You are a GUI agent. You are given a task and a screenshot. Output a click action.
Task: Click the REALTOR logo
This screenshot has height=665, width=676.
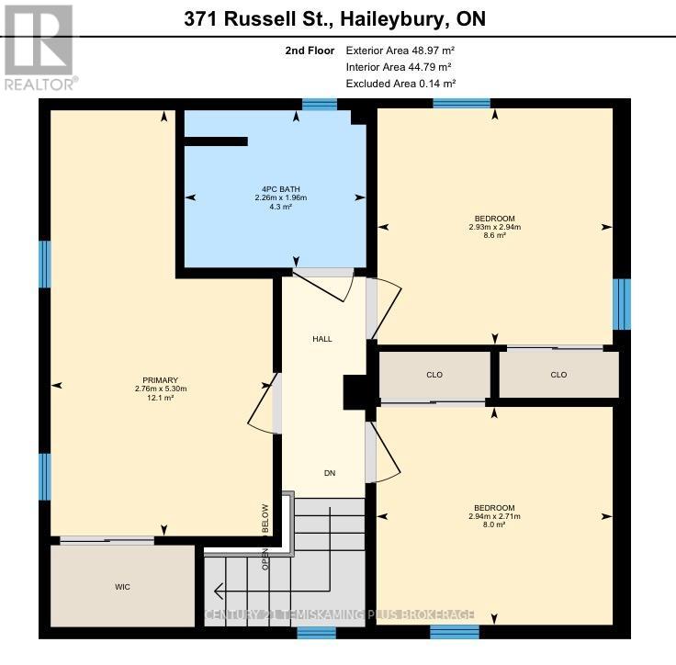click(39, 46)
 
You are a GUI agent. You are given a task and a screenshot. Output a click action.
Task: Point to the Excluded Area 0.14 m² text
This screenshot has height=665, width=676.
click(400, 84)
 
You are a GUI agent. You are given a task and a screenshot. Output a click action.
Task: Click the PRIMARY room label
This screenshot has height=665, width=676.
click(160, 380)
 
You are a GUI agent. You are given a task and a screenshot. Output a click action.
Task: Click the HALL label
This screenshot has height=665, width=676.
click(322, 339)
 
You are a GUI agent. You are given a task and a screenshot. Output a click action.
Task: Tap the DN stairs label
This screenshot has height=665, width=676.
click(330, 473)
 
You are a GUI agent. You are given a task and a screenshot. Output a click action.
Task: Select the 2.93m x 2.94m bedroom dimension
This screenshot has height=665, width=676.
click(494, 227)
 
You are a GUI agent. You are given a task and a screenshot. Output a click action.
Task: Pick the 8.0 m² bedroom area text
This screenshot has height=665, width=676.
click(494, 524)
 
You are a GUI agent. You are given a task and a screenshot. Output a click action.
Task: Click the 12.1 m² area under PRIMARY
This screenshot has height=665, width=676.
click(160, 397)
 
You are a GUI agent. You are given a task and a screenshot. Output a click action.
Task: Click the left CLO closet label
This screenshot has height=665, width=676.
click(434, 375)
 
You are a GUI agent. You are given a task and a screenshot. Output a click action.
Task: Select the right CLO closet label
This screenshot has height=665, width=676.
click(558, 375)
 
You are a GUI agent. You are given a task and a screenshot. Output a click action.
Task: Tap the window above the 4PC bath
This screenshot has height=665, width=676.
click(320, 105)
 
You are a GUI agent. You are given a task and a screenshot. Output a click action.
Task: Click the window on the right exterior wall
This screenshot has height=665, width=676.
click(622, 304)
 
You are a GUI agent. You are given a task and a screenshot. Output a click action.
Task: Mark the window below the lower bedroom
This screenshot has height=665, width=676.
click(455, 632)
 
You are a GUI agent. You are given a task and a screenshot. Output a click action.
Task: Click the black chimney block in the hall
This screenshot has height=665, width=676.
click(355, 392)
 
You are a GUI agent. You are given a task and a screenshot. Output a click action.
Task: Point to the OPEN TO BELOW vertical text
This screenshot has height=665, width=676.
click(265, 536)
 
